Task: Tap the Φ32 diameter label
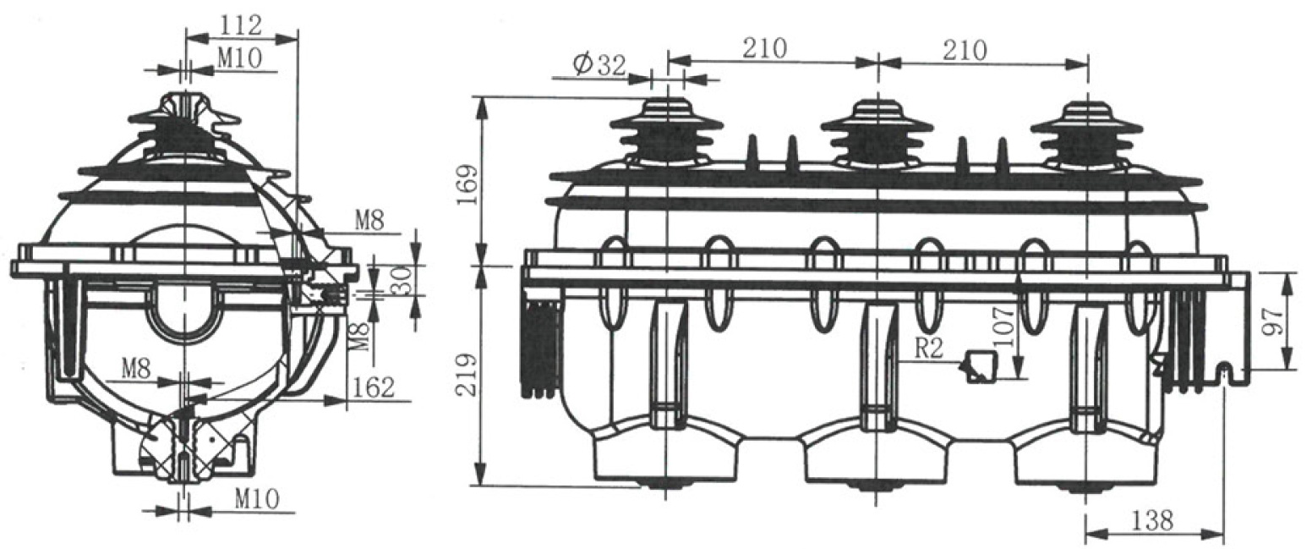599,65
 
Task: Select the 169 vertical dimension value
467,184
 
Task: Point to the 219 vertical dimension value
467,375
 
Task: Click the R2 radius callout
930,349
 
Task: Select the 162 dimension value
373,387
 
